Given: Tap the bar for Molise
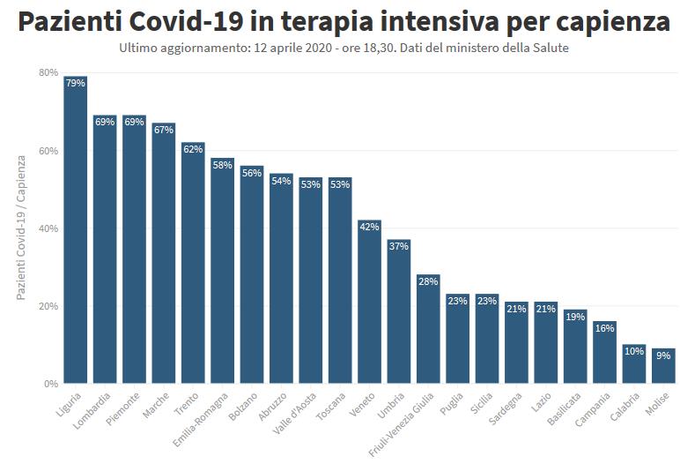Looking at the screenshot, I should pyautogui.click(x=663, y=366).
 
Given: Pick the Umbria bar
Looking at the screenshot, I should pyautogui.click(x=398, y=312).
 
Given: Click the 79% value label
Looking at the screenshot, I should pyautogui.click(x=75, y=83).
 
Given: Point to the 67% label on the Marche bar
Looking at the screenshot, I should pyautogui.click(x=163, y=130).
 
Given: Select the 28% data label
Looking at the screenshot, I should pyautogui.click(x=428, y=281).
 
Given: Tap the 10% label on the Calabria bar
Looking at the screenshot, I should pyautogui.click(x=633, y=351).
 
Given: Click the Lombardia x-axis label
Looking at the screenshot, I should pyautogui.click(x=93, y=408).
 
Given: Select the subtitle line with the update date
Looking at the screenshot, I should pyautogui.click(x=344, y=48).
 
